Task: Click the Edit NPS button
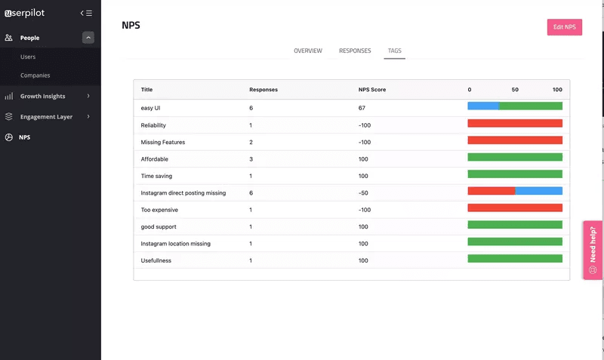tap(564, 27)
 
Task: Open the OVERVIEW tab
tap(308, 51)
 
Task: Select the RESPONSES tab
tap(355, 51)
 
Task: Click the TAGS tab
tap(395, 51)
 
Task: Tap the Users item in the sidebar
tap(28, 57)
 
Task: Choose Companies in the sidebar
tap(35, 75)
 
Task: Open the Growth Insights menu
tap(43, 97)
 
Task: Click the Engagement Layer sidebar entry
tap(46, 117)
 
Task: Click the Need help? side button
tap(593, 250)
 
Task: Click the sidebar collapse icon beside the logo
tap(86, 13)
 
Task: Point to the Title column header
tap(146, 90)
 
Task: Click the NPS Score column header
tap(371, 90)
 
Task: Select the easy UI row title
tap(151, 108)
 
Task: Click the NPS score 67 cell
tap(362, 108)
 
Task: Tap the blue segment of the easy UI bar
tap(483, 106)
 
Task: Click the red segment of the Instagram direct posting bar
tap(492, 191)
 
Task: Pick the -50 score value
tap(363, 193)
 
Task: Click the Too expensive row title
tap(159, 210)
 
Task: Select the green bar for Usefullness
tap(515, 259)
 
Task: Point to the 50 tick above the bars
tap(515, 90)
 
